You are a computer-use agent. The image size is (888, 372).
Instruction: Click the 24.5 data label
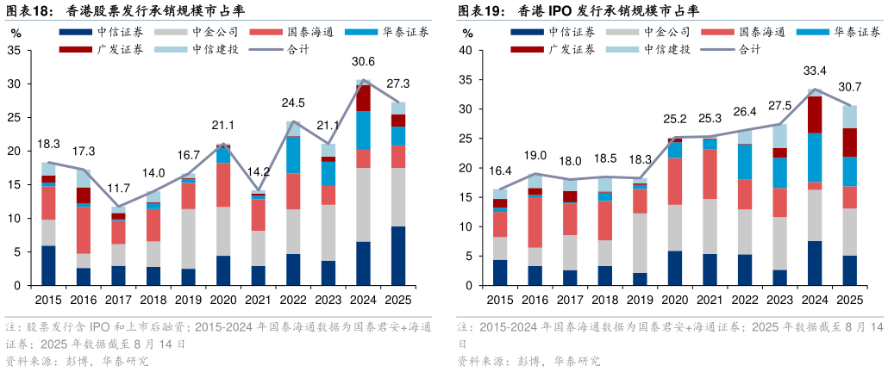[293, 103]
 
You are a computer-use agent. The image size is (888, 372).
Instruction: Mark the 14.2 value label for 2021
[259, 170]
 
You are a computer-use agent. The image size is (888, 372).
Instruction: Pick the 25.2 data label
[674, 119]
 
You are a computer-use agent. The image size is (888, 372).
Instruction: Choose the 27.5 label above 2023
[779, 105]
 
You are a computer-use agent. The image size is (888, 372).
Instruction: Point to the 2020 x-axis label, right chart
[674, 299]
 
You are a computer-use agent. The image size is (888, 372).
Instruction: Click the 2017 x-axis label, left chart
[118, 299]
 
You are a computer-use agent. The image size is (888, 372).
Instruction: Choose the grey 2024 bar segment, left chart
[364, 205]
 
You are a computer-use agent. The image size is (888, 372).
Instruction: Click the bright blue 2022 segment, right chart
[744, 161]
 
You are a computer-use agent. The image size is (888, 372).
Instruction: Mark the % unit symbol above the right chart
[467, 34]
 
